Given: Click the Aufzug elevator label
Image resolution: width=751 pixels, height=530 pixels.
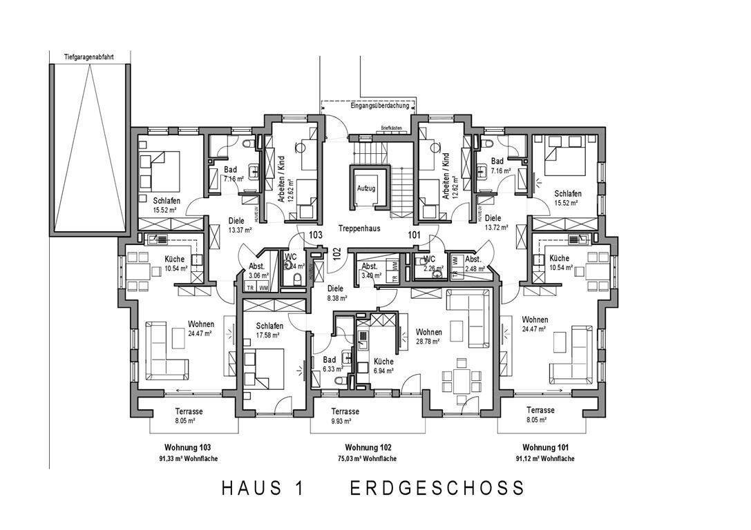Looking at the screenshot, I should pos(365,188).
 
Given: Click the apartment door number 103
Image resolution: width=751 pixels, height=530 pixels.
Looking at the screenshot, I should pos(316,235).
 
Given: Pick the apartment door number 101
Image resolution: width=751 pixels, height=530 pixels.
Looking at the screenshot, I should pos(414,235).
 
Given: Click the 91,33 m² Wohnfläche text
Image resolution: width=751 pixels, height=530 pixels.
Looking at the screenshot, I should pos(183,459).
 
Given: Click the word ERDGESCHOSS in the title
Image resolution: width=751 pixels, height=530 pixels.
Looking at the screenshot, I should pos(437,488).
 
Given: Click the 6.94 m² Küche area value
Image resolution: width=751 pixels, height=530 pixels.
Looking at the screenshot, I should pos(383,371).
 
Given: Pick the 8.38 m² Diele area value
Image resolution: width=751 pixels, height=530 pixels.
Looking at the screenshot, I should pos(337,299).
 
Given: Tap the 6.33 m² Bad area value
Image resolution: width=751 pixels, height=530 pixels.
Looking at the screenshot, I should pos(332,369).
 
